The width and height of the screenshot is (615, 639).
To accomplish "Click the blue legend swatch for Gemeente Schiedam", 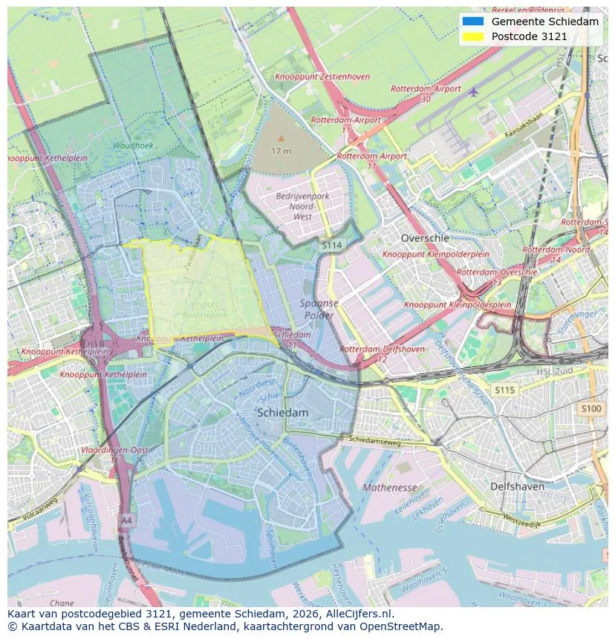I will (472, 22).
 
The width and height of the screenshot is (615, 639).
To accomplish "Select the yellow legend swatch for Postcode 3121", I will (472, 36).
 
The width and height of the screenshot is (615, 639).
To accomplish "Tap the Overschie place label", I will (425, 238).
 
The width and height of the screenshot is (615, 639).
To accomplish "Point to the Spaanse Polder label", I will (319, 309).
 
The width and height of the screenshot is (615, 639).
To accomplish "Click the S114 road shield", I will (331, 244).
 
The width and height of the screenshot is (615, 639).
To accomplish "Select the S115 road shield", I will (504, 390).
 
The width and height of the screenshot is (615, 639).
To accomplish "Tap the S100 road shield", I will (591, 409).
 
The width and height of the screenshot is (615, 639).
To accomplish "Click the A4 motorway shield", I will (126, 520).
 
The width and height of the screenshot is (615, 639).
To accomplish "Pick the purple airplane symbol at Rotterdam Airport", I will (474, 91).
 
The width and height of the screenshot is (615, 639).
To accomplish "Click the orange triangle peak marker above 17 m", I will (281, 138).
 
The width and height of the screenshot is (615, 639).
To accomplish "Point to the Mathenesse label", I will (389, 488).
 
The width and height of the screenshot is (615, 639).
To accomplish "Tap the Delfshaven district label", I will (517, 487).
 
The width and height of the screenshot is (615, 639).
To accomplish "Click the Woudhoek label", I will (133, 146).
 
